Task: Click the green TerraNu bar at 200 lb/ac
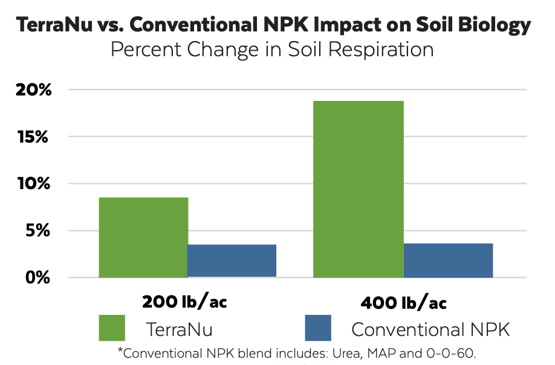143,237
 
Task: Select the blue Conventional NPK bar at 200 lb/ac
232,260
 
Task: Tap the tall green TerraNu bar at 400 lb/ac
359,189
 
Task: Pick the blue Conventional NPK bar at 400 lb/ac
448,260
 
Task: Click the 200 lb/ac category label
184,301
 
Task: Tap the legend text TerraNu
179,329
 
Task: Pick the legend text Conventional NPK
430,329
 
